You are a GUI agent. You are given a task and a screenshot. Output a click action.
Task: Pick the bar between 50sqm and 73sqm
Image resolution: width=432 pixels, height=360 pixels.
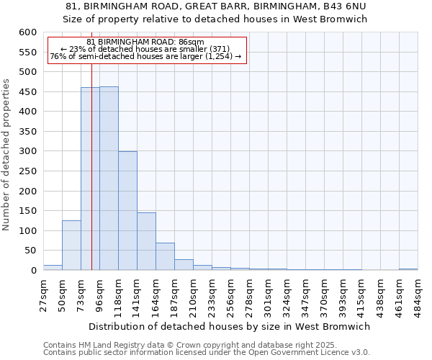pos(71,246)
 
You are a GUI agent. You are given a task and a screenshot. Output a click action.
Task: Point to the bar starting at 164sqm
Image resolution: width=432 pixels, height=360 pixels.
pos(165,256)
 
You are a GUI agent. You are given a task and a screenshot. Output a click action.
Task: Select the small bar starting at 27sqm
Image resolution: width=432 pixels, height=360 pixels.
pos(53,267)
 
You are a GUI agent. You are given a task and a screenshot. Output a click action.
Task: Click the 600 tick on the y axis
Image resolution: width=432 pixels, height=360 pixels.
pos(27,32)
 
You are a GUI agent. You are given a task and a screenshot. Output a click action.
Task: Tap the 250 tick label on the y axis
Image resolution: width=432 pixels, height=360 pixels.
pos(27,171)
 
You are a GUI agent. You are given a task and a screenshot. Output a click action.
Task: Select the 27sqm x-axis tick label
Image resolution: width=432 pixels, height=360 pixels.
pos(43,294)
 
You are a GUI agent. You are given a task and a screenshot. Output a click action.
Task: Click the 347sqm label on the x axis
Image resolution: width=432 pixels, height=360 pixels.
pos(305,294)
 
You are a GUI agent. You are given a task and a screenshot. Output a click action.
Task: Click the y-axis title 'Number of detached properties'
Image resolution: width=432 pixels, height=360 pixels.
pos(7,156)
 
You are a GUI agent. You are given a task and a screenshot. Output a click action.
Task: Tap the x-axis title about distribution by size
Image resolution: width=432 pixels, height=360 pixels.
pos(230,326)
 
